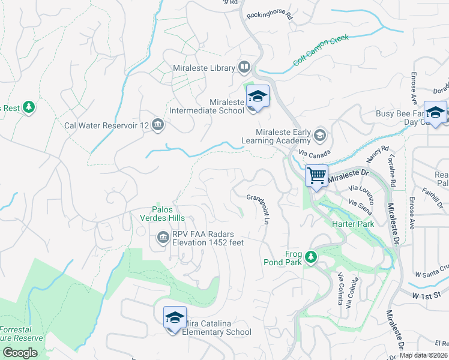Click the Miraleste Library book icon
(244, 67)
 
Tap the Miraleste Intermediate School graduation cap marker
(258, 97)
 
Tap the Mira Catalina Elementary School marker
(175, 318)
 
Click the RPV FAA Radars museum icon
(163, 238)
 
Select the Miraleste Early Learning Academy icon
(319, 136)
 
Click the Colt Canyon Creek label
(321, 51)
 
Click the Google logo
(19, 352)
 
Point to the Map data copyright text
(424, 355)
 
